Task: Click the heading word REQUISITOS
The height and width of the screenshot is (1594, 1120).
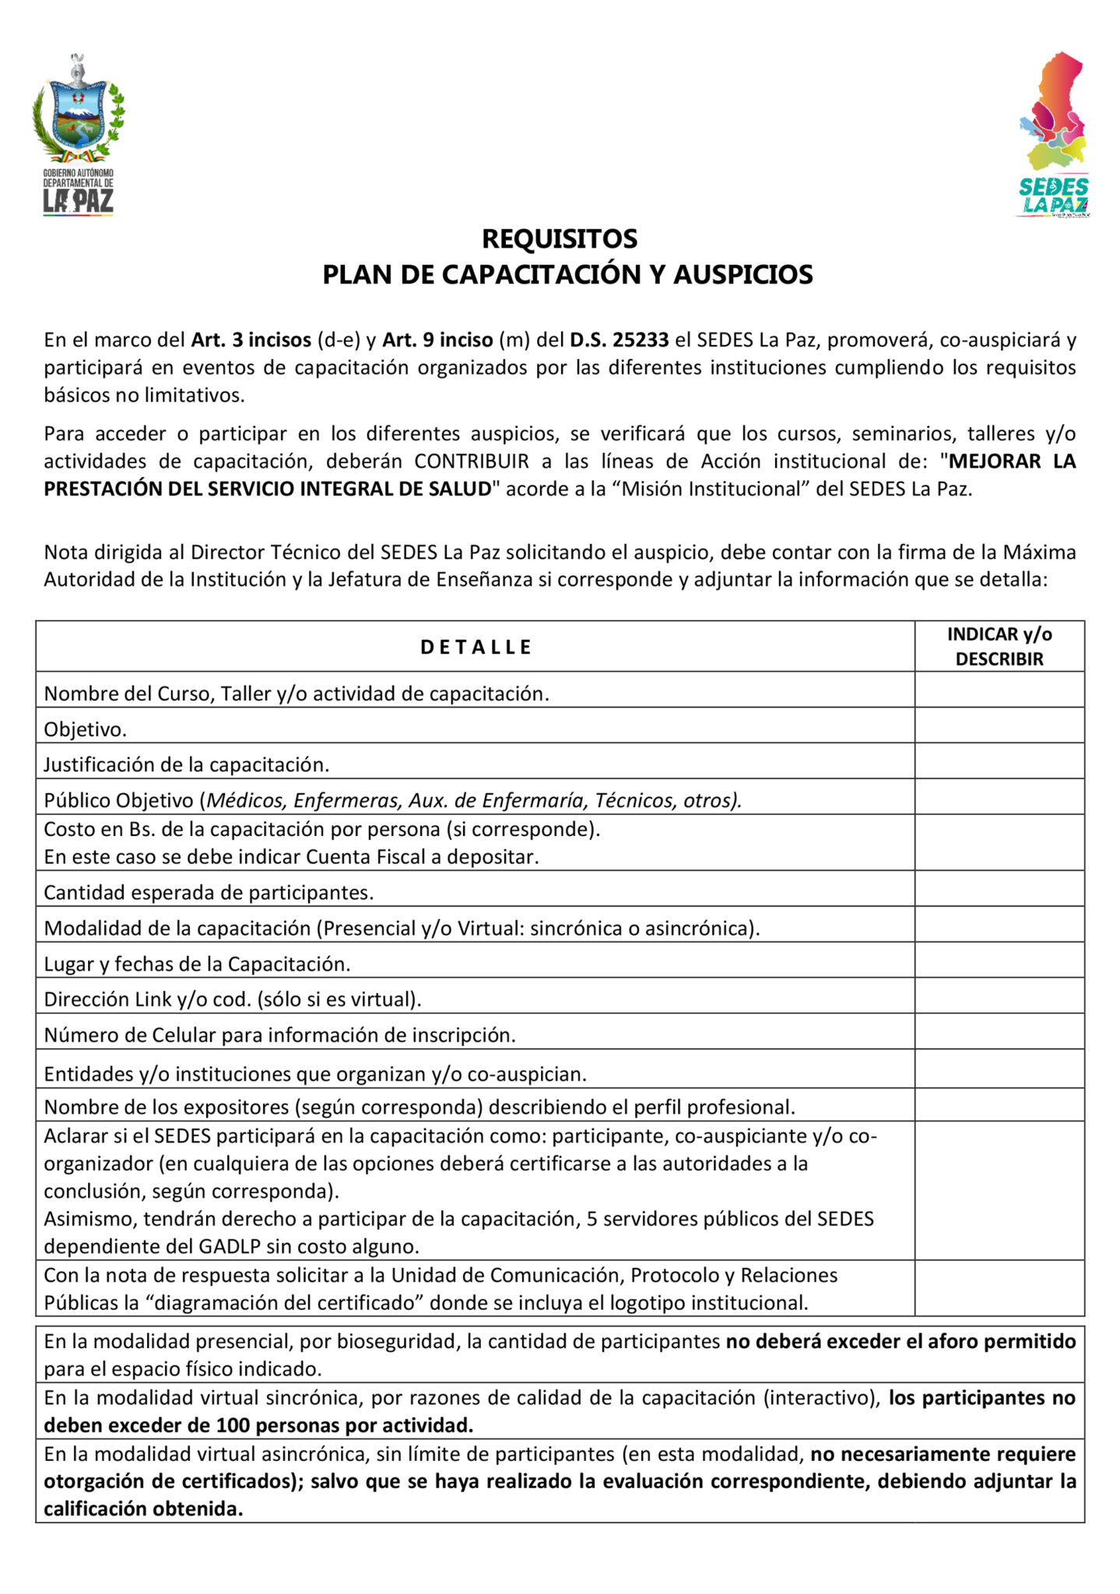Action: pyautogui.click(x=560, y=238)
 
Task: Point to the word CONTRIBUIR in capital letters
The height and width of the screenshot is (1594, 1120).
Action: pyautogui.click(x=472, y=462)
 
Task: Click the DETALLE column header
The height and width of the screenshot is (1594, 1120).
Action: pyautogui.click(x=476, y=647)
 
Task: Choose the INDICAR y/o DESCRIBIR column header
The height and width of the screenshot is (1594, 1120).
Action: pyautogui.click(x=999, y=647)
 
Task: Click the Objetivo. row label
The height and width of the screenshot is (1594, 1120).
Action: pyautogui.click(x=85, y=729)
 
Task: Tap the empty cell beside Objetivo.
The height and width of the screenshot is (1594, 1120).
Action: pyautogui.click(x=999, y=725)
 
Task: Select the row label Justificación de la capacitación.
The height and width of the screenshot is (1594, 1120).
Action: pyautogui.click(x=187, y=764)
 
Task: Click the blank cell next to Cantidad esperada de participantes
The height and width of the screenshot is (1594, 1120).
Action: pyautogui.click(x=999, y=888)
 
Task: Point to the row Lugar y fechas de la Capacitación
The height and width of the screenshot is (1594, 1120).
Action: pyautogui.click(x=197, y=964)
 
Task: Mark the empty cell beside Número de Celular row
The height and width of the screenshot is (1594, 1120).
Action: pyautogui.click(x=999, y=1031)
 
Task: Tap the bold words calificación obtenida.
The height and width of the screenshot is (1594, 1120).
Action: pyautogui.click(x=143, y=1508)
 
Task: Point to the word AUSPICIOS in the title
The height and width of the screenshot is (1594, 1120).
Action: pyautogui.click(x=743, y=275)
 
